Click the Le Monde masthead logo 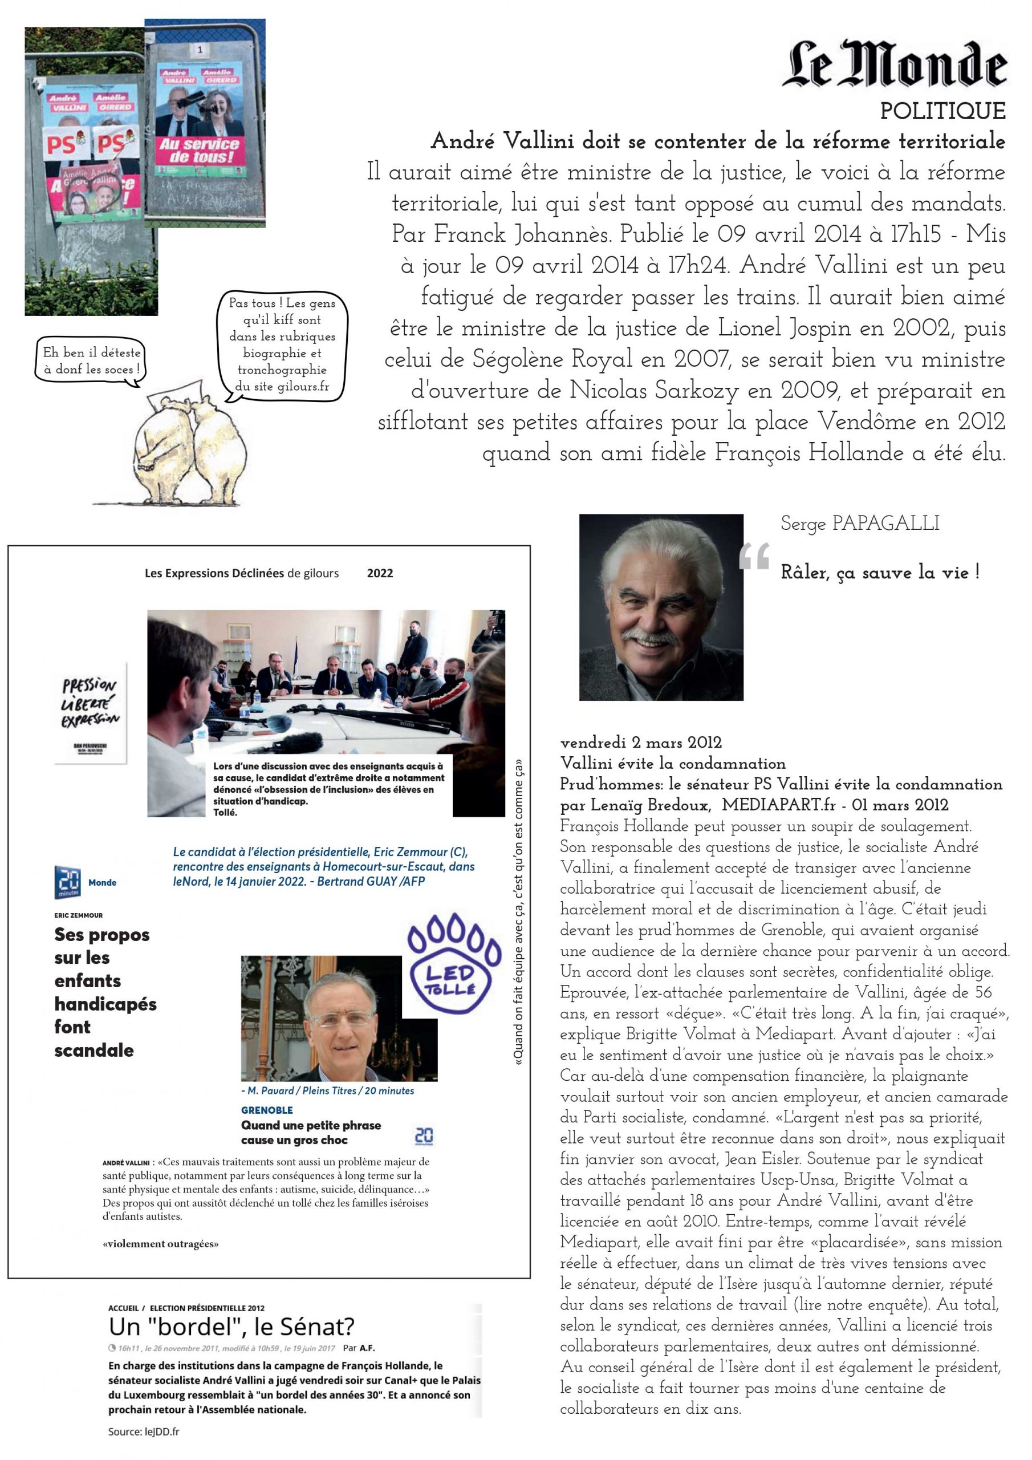pos(894,64)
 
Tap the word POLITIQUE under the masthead pos(942,111)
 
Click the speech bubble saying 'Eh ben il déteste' pos(92,360)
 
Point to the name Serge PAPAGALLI pos(860,524)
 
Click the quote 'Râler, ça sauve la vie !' pos(880,572)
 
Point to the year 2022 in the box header pos(380,573)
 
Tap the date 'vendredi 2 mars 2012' pos(641,742)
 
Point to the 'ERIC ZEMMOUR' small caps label pos(78,915)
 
